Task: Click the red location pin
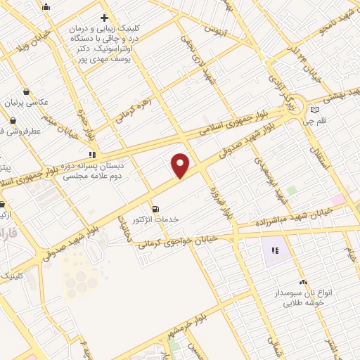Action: pos(181,165)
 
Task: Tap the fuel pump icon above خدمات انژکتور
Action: pos(155,208)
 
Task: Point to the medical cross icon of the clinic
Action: pos(104,18)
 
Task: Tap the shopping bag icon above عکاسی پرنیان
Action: pos(27,91)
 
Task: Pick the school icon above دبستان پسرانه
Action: pos(91,153)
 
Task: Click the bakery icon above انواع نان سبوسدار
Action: pos(302,281)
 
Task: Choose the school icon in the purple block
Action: pos(275,250)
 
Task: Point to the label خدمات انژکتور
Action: pos(156,219)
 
